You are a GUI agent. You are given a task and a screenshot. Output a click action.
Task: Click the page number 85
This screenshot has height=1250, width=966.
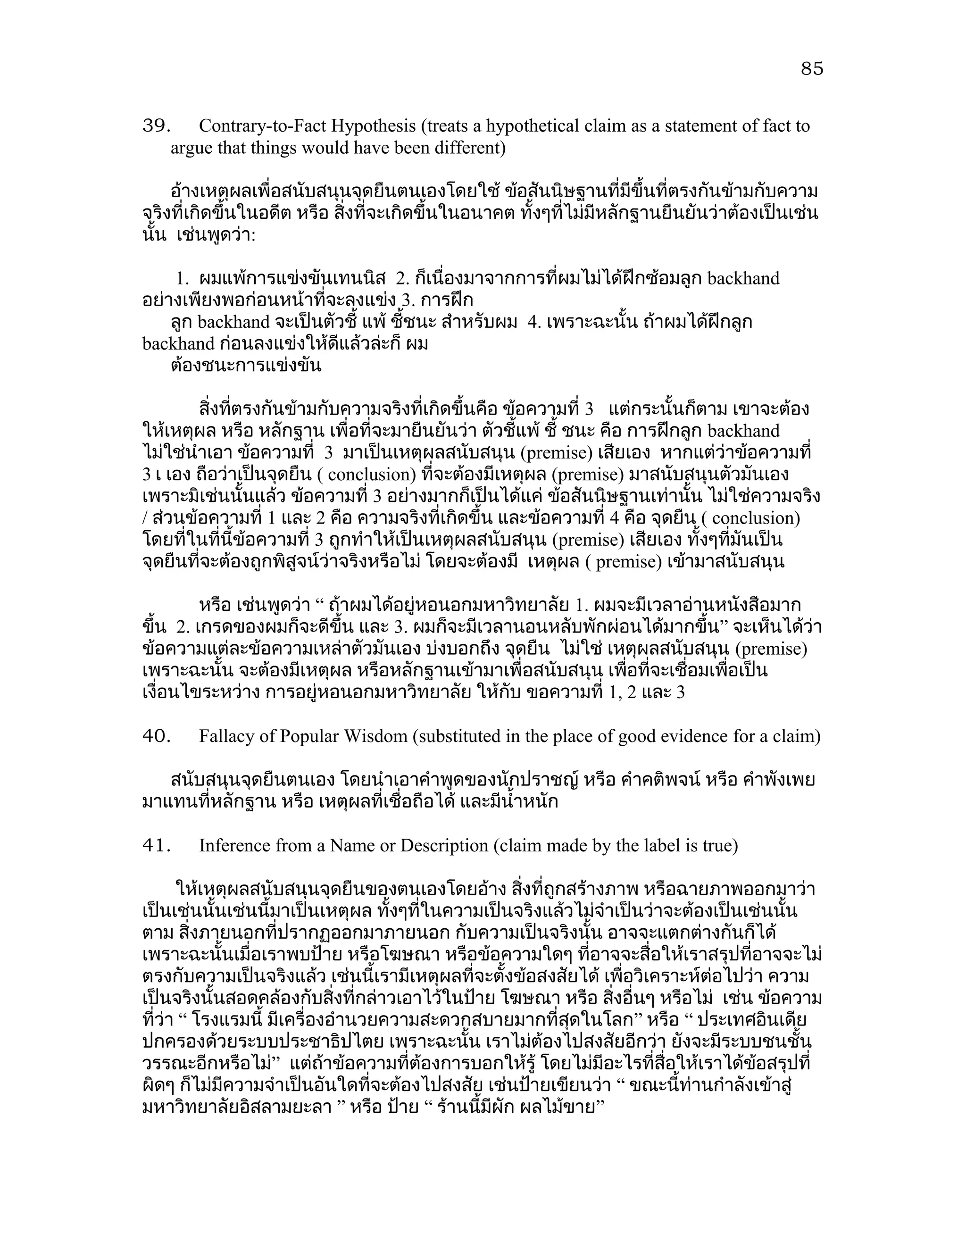[811, 69]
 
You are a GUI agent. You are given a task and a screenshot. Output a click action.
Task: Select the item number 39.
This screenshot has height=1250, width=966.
[156, 126]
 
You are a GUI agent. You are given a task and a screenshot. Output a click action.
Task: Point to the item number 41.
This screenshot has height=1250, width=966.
[156, 846]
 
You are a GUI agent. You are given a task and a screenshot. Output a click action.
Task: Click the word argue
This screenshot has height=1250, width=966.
[191, 148]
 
